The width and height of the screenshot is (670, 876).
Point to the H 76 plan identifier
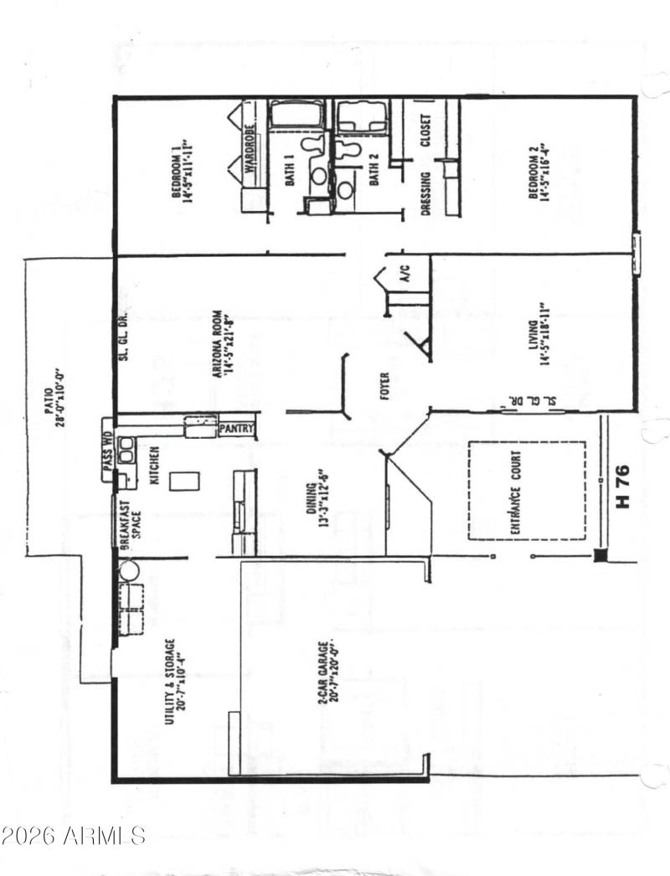click(622, 487)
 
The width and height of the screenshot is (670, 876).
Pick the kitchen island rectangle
click(185, 481)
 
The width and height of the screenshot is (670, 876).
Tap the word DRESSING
click(426, 194)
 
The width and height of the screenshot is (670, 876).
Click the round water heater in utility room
click(127, 571)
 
